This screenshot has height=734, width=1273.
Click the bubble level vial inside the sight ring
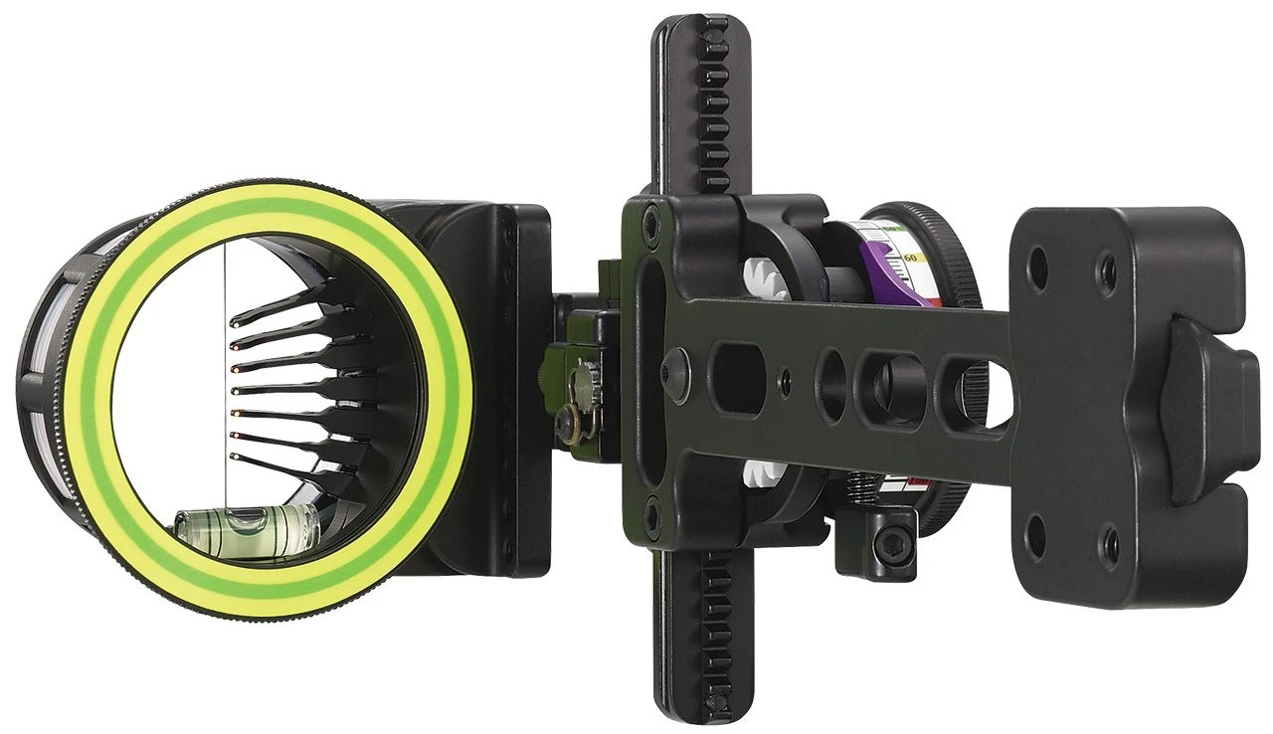tap(245, 522)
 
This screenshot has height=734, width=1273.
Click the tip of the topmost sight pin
tap(235, 322)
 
